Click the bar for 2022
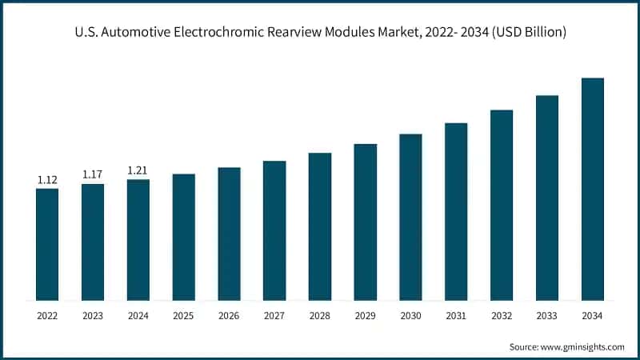pos(47,245)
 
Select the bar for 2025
pos(183,238)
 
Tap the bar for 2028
pos(320,227)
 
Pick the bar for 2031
pos(456,212)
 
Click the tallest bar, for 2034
pos(592,190)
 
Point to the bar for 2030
pos(410,218)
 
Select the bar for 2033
pos(546,198)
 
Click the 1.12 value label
pos(47,181)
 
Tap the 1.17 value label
pos(93,174)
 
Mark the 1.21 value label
pos(138,170)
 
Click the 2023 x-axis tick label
pos(93,317)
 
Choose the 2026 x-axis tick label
pos(229,317)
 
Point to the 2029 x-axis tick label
pos(365,317)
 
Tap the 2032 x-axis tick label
pos(502,317)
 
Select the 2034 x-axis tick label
pos(592,317)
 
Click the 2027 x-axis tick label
pos(274,317)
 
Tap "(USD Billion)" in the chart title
pos(530,33)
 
